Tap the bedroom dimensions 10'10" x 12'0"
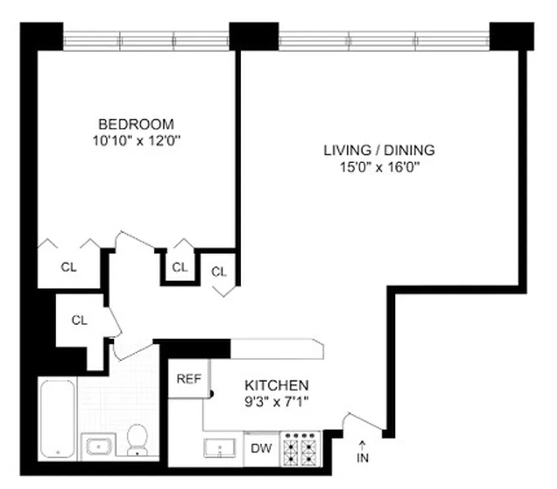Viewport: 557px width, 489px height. (x=137, y=140)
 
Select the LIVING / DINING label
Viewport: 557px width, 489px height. (x=379, y=150)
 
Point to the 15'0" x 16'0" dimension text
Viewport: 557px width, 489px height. (x=379, y=167)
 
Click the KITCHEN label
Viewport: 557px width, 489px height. (x=277, y=386)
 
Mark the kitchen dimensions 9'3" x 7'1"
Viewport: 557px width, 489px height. (x=277, y=402)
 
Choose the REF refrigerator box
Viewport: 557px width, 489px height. (x=189, y=379)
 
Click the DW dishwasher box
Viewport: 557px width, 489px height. (x=261, y=447)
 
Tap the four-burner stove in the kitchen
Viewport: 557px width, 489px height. (x=301, y=447)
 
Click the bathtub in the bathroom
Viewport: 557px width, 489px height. (x=58, y=418)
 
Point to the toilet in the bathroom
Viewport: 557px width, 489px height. (x=138, y=440)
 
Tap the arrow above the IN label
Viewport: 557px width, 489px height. (x=362, y=445)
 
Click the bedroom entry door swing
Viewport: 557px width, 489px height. (x=136, y=241)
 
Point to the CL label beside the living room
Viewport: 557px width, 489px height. (x=219, y=272)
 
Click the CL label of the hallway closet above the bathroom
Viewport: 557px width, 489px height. (x=80, y=320)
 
